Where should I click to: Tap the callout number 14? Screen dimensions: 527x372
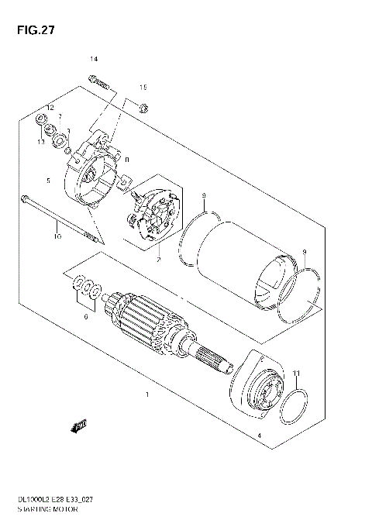[x=94, y=60]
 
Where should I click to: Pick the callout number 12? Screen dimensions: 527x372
[x=48, y=107]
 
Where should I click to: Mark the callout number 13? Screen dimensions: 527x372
[x=40, y=143]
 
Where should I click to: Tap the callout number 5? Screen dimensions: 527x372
[x=48, y=181]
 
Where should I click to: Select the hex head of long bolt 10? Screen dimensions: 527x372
[x=26, y=198]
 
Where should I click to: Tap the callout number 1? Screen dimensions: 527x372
[x=146, y=395]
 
